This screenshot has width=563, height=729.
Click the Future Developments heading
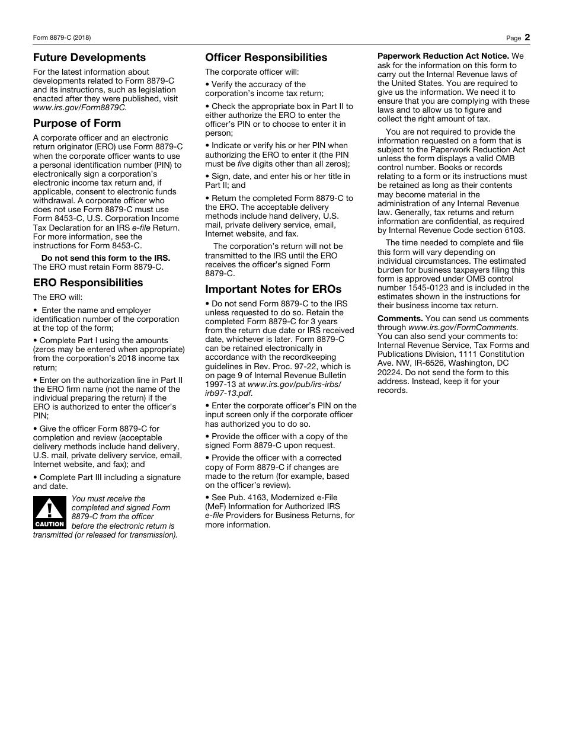pos(89,57)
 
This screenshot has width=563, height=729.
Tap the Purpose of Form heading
pos(76,123)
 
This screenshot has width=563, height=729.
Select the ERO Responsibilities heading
pos(88,283)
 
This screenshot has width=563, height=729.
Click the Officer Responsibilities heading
pos(266,57)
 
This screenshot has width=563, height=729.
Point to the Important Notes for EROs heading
pos(273,289)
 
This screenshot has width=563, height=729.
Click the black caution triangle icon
pos(50,513)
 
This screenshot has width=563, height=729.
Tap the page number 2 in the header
pos(527,37)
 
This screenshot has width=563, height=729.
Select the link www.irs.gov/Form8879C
pos(79,108)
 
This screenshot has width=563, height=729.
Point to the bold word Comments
pos(400,318)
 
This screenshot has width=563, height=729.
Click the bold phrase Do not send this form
pos(105,258)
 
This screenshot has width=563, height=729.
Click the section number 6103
pos(513,231)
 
